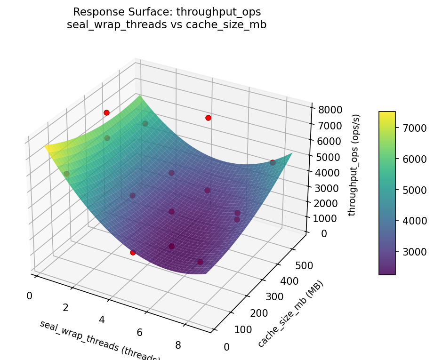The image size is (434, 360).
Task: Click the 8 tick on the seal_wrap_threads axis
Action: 178,345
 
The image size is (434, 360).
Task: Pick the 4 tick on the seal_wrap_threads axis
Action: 102,320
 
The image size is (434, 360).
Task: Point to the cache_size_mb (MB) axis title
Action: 290,314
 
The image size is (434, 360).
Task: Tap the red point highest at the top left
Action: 106,112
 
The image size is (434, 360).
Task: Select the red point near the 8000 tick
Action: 208,118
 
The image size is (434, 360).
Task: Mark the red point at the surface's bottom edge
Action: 133,252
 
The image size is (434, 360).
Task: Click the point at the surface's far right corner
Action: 273,162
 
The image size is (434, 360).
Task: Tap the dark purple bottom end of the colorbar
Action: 387,272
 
